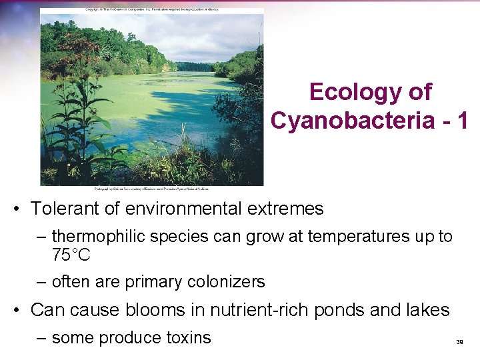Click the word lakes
coord(426,310)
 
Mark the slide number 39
coord(459,342)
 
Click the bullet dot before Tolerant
coord(20,209)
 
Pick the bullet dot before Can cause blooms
coord(20,311)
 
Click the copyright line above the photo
coord(151,9)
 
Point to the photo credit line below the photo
coord(151,189)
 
